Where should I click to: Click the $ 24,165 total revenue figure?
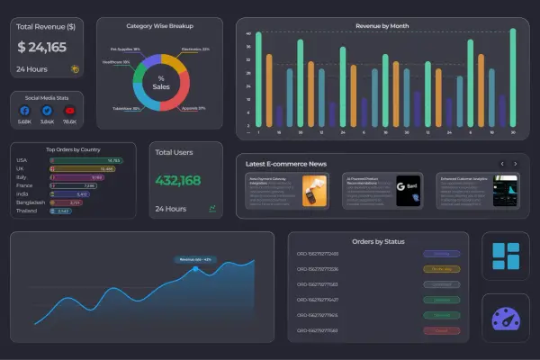(41, 47)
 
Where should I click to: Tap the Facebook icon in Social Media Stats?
(25, 111)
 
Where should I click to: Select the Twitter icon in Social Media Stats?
(48, 111)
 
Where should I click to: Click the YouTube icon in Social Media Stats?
(69, 111)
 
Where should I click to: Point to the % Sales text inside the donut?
(161, 83)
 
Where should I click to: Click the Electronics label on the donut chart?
(195, 49)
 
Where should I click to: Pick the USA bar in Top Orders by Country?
(85, 160)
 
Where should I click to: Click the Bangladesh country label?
(30, 202)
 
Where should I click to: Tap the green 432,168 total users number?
(177, 180)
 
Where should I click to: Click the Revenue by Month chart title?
(382, 26)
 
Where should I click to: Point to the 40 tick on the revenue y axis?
(247, 34)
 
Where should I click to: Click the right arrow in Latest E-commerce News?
(515, 164)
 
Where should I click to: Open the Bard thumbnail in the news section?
(409, 190)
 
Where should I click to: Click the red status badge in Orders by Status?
(441, 331)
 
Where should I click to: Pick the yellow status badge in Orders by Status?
(441, 268)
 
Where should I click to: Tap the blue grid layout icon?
(505, 256)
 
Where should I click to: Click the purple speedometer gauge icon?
(505, 318)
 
